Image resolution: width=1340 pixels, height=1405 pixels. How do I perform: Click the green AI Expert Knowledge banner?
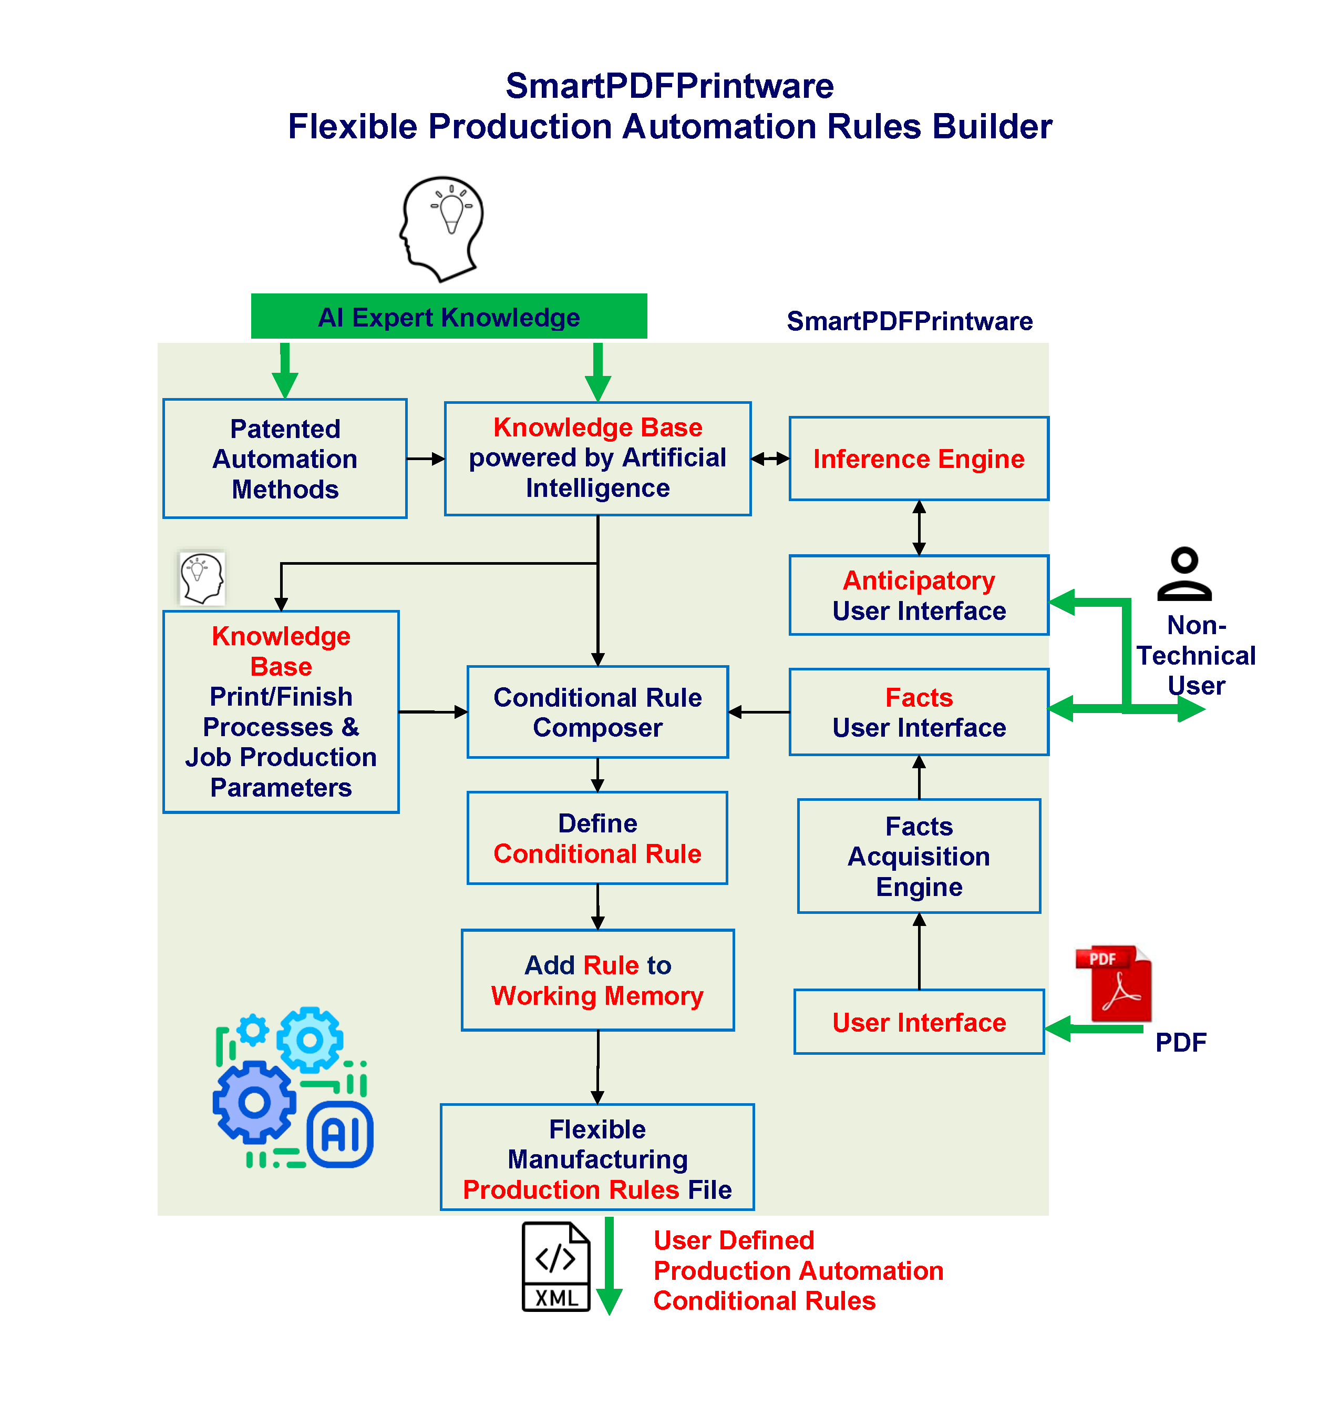pos(449,316)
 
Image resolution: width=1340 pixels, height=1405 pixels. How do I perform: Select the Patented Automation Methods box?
pos(285,458)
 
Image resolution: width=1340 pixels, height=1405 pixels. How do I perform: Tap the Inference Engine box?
pos(919,458)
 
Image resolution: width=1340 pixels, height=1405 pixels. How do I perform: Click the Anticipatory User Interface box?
pos(919,595)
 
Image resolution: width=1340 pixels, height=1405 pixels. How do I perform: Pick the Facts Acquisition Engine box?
pos(919,856)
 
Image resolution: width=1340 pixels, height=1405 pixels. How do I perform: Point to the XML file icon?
pos(556,1266)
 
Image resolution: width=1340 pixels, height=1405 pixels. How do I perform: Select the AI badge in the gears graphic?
pos(340,1134)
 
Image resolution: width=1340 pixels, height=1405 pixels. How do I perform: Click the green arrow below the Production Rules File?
pos(609,1265)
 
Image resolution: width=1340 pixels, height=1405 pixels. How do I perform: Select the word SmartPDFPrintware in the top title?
pos(669,86)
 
